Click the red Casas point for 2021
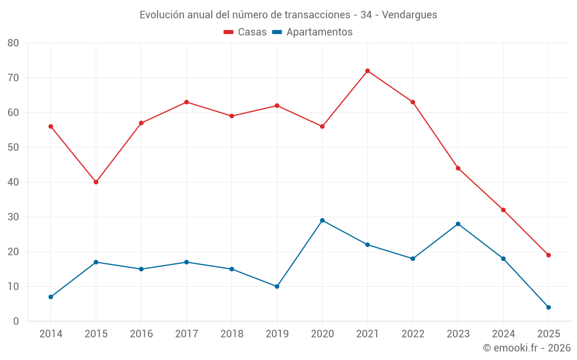point(368,71)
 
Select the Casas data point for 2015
point(96,182)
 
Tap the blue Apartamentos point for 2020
point(323,221)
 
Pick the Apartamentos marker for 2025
point(549,308)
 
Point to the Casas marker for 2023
point(458,168)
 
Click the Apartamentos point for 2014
point(51,297)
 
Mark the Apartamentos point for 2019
point(277,286)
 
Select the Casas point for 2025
point(549,255)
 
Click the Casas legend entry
point(245,32)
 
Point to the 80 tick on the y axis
point(13,43)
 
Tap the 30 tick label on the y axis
point(13,217)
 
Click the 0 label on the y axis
point(16,321)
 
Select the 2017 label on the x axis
point(186,334)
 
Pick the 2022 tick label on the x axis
point(413,334)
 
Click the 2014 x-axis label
point(51,334)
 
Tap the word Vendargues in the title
point(410,15)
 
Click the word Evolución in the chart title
point(163,15)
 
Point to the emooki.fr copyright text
point(527,348)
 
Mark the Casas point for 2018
point(232,116)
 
